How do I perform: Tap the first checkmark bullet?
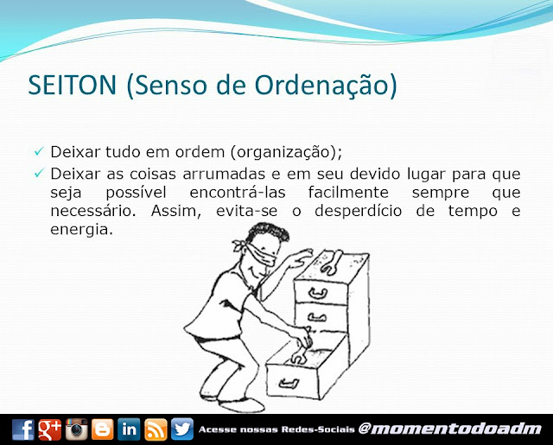tap(39, 151)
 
